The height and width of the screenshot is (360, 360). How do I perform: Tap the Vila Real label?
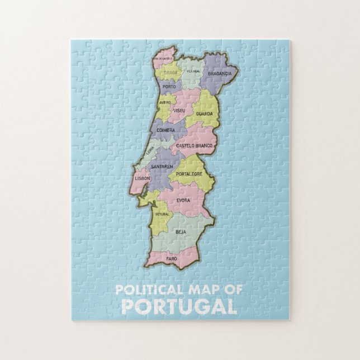coord(193,71)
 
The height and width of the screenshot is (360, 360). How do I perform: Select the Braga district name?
coord(170,73)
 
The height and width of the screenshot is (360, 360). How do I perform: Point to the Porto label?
coord(169,87)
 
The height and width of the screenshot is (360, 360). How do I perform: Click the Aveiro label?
coord(165,103)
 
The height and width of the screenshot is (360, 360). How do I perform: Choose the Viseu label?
coord(179,111)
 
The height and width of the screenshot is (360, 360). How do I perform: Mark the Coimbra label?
coord(166,130)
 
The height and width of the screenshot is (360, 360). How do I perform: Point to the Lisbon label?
coord(143,178)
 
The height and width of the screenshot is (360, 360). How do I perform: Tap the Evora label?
coord(183,200)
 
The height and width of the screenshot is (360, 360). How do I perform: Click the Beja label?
coord(181,231)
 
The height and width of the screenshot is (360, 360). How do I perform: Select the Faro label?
coord(171,259)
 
